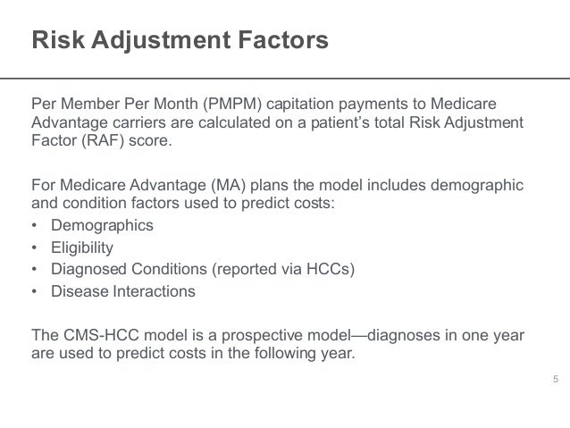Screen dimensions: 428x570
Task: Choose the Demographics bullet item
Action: (x=103, y=225)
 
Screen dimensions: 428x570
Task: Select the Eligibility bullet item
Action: (x=85, y=248)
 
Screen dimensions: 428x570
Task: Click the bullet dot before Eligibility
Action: (x=36, y=248)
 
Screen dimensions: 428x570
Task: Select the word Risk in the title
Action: (x=54, y=41)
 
